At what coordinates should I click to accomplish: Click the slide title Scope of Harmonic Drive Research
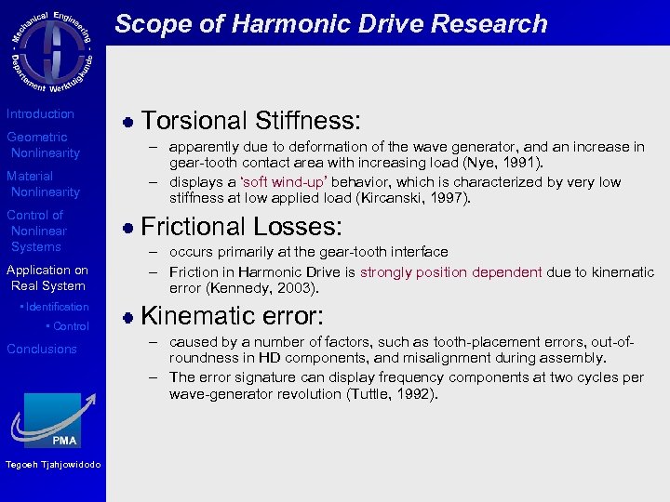(330, 23)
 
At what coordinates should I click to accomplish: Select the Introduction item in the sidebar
(41, 113)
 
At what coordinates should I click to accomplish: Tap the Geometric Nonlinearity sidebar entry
(44, 145)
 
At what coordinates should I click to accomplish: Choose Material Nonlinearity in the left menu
(44, 184)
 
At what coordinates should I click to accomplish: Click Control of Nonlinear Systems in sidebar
(37, 231)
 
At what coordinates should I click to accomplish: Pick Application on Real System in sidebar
(47, 278)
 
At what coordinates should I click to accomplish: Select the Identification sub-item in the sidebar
(57, 307)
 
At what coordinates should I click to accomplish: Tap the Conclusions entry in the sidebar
(42, 349)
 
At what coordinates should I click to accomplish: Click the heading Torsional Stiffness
(250, 121)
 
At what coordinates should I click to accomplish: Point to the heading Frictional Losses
(241, 227)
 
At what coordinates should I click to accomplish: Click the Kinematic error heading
(232, 316)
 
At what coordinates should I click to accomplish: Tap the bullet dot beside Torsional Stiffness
(129, 122)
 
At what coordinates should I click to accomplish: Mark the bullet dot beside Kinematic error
(129, 317)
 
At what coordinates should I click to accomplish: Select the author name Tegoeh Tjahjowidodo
(52, 466)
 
